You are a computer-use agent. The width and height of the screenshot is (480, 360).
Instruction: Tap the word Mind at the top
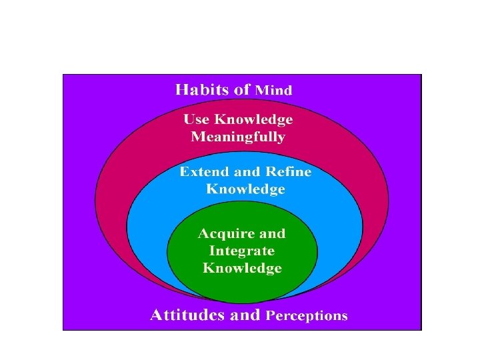[x=274, y=90]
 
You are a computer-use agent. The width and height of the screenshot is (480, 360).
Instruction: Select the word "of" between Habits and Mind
[x=242, y=89]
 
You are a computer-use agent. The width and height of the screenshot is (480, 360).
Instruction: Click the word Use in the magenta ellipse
[x=197, y=120]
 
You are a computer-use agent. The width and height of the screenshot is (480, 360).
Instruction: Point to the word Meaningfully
[x=238, y=138]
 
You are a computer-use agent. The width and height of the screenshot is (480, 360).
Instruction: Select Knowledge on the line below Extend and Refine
[x=245, y=189]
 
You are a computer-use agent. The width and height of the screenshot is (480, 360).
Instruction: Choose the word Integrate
[x=242, y=251]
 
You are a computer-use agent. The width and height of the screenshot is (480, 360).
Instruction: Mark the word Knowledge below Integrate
[x=242, y=269]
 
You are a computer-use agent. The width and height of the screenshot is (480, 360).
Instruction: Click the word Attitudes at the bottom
[x=187, y=315]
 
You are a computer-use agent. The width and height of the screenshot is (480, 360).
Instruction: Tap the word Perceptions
[x=307, y=316]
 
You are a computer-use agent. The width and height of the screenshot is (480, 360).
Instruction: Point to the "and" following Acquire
[x=272, y=234]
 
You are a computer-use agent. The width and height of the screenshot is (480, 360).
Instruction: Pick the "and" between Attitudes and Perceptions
[x=245, y=315]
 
